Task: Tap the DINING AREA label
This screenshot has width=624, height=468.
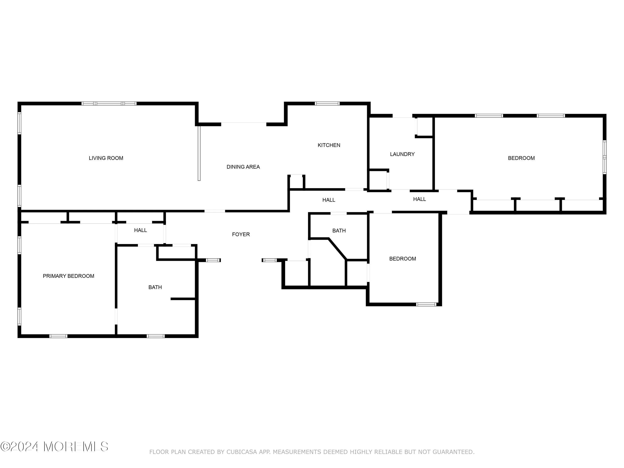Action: click(243, 167)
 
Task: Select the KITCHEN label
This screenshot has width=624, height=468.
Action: click(329, 145)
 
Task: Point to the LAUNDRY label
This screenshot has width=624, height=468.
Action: click(402, 154)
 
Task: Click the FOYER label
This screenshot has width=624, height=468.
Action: click(241, 234)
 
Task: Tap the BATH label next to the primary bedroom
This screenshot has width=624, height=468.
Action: click(155, 287)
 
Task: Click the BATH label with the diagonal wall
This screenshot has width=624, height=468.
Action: click(339, 231)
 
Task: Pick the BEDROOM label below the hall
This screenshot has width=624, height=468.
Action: click(402, 259)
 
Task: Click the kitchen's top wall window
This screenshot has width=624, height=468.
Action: click(327, 104)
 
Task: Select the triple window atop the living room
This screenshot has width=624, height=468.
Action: click(109, 104)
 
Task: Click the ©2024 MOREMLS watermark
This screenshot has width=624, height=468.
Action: click(54, 447)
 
